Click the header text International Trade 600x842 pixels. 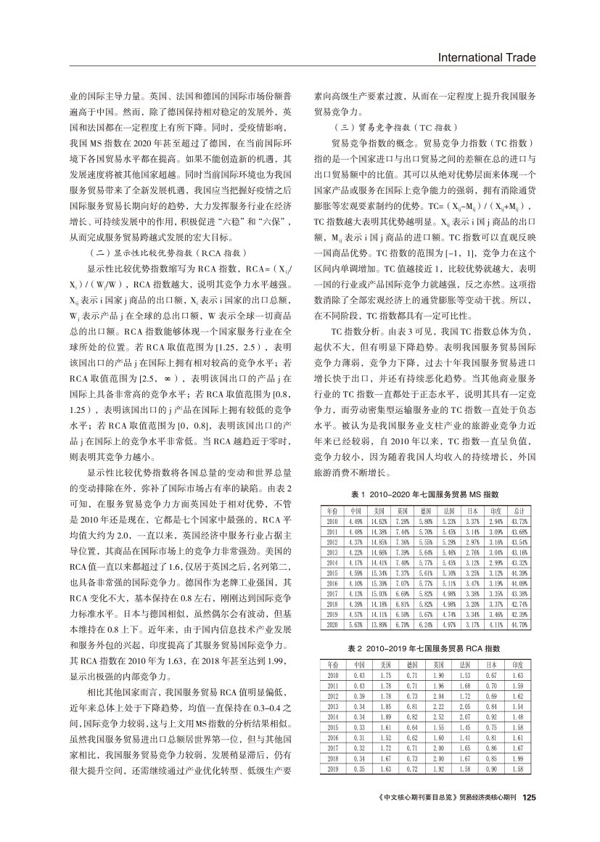tap(496, 58)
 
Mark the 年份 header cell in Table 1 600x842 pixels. tap(332, 510)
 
